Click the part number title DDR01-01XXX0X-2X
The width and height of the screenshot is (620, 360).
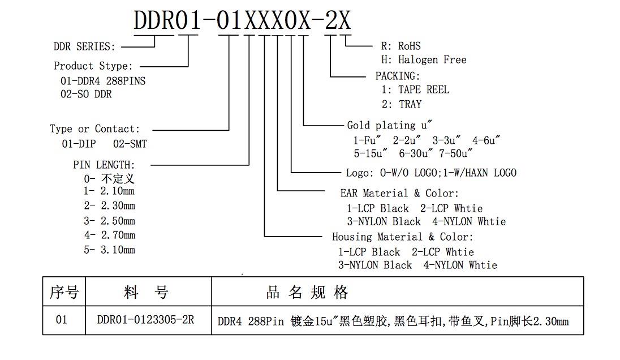(x=242, y=20)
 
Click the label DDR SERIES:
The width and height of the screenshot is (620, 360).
(x=84, y=46)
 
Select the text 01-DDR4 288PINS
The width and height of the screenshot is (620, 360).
(x=103, y=81)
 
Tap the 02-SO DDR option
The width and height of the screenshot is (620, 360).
(x=86, y=94)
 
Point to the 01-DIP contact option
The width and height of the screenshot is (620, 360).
(x=79, y=144)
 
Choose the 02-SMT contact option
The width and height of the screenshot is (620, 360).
(x=130, y=144)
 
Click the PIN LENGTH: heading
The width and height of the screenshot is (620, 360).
(x=104, y=165)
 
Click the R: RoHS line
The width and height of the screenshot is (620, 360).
(x=401, y=46)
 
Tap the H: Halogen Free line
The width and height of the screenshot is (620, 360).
(x=424, y=60)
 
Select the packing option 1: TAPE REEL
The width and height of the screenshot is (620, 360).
(x=415, y=90)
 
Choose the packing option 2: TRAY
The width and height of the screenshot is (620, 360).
(x=402, y=105)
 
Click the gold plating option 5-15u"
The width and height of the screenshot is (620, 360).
(x=371, y=153)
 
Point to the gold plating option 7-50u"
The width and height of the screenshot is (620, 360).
(x=455, y=153)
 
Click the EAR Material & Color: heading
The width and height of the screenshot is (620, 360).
(x=399, y=194)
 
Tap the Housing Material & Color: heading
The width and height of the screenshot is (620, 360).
(x=403, y=237)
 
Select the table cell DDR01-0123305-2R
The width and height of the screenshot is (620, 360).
(x=145, y=320)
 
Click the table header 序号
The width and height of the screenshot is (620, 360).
(x=64, y=292)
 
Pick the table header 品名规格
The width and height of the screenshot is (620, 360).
(x=307, y=292)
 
